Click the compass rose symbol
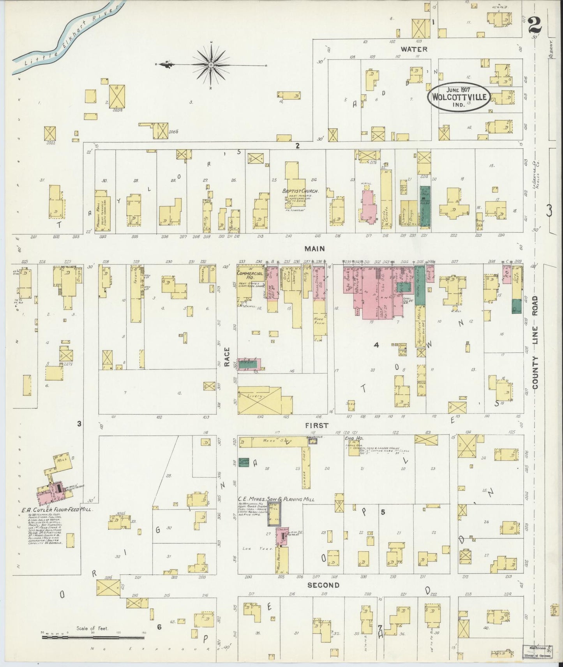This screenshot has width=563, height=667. (x=211, y=64)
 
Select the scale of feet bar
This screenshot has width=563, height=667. (x=93, y=637)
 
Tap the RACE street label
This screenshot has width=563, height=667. (x=227, y=357)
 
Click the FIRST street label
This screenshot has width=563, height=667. (x=318, y=425)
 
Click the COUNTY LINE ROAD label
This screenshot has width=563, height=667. (x=535, y=342)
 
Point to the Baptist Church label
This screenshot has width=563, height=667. (x=301, y=191)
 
